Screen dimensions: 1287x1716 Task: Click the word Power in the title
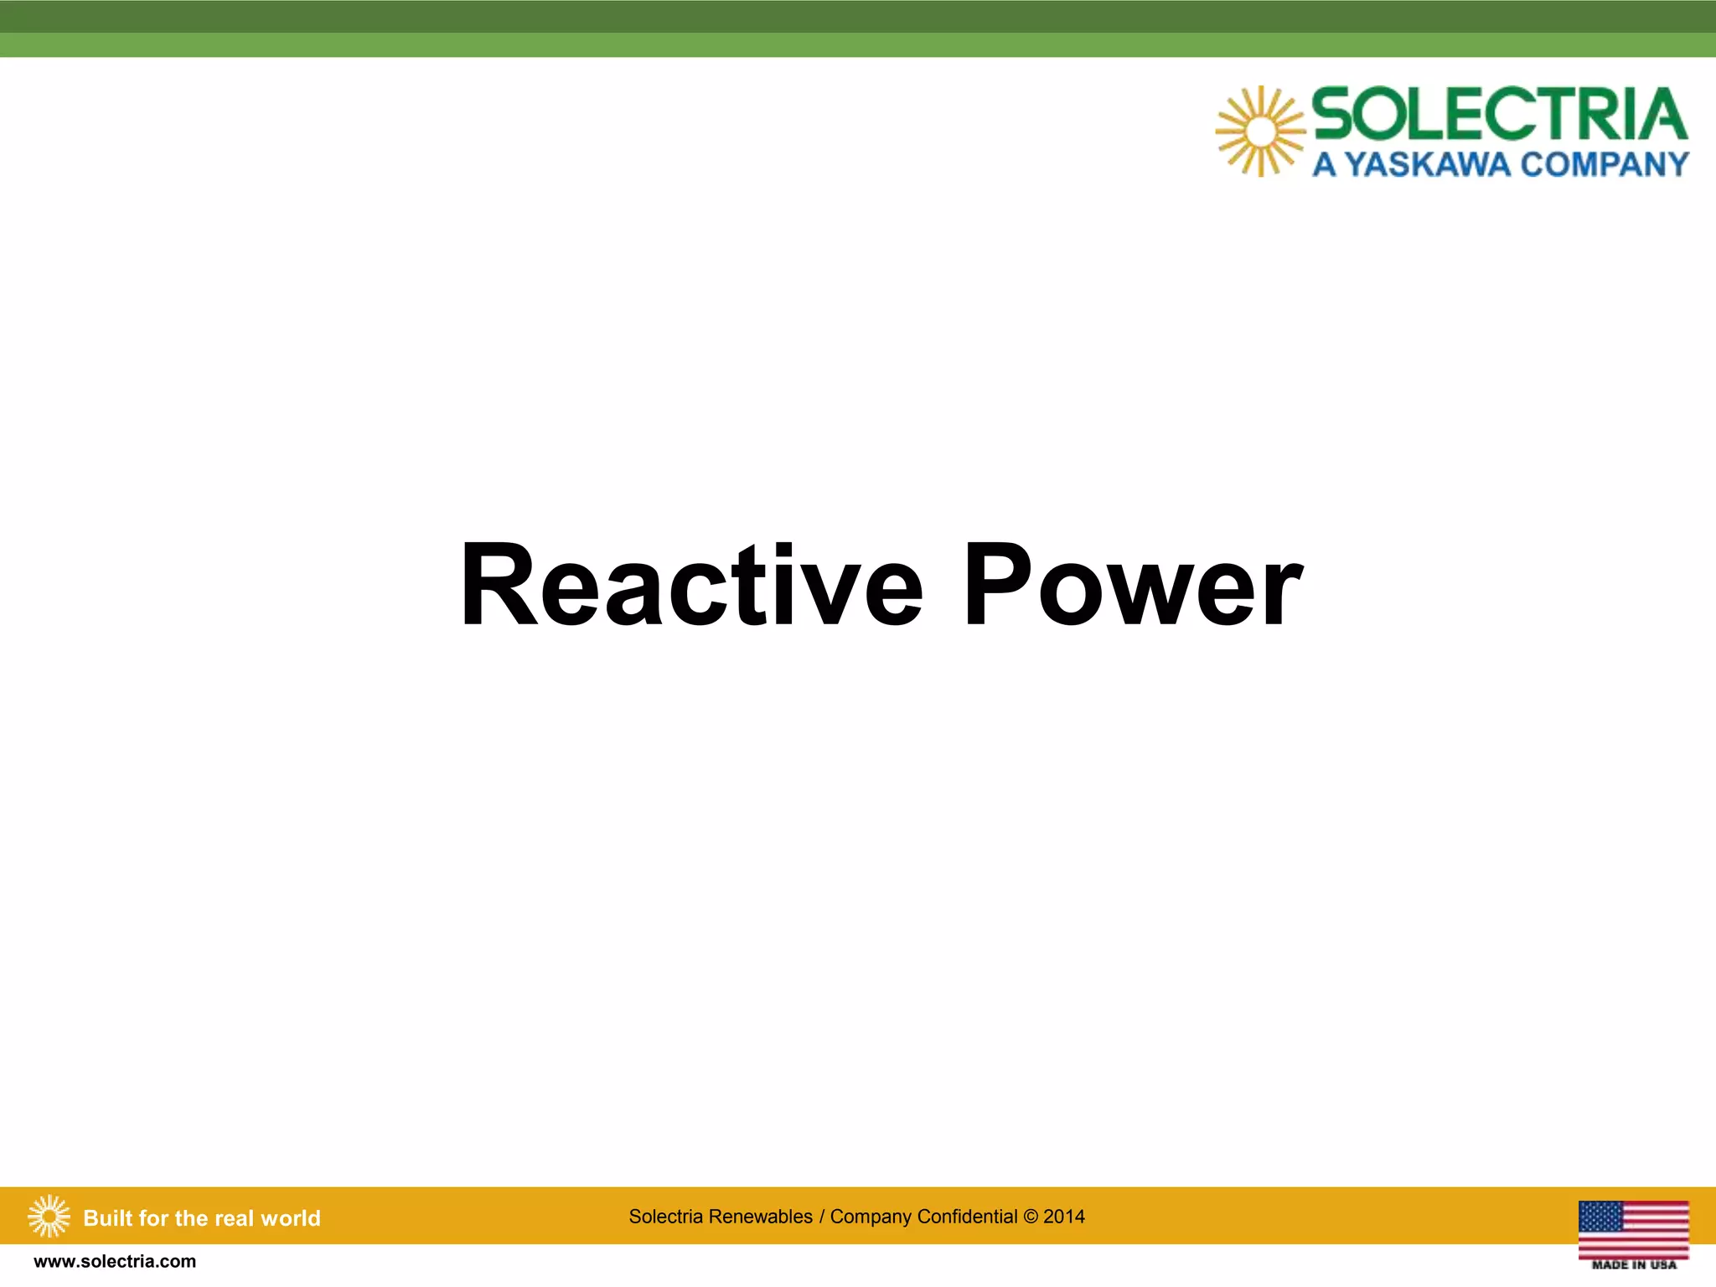click(x=1131, y=586)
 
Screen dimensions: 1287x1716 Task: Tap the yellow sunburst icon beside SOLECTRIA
click(x=1259, y=132)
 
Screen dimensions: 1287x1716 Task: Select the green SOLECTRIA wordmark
click(x=1499, y=115)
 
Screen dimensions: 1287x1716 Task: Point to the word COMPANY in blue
click(x=1604, y=164)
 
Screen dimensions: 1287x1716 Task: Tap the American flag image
click(x=1633, y=1228)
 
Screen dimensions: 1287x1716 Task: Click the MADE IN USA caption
click(x=1633, y=1264)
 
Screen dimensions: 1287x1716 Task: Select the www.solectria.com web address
click(x=115, y=1262)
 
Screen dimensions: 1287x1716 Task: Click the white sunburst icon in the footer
click(x=49, y=1217)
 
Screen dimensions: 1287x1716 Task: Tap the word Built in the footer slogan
click(x=108, y=1218)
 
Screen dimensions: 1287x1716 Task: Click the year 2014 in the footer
click(x=1063, y=1217)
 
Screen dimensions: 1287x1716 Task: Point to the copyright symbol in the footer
click(x=1031, y=1217)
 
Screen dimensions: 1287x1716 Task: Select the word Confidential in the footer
click(x=967, y=1217)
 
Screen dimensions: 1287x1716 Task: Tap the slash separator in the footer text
click(x=822, y=1217)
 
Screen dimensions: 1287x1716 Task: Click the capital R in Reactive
click(x=497, y=586)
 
